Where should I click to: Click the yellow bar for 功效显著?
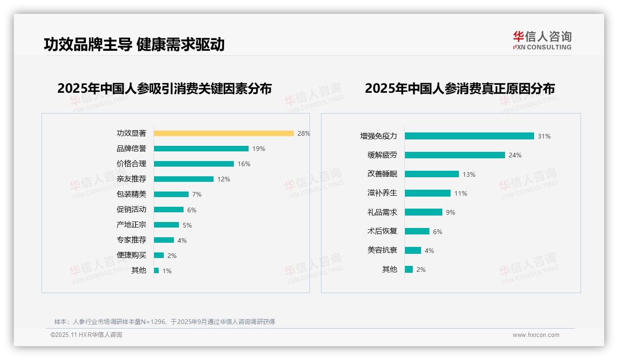224,133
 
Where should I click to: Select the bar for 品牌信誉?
201,149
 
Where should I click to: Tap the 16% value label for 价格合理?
244,164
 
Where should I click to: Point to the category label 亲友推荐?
131,179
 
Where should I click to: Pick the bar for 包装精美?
171,194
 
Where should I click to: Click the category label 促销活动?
131,210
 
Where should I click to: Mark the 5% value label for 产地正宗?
187,225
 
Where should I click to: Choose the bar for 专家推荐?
164,240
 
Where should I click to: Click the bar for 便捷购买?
159,255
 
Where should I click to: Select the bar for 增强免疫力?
469,136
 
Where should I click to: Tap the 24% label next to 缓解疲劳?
515,156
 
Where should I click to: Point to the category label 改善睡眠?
382,174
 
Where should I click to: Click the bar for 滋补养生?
428,193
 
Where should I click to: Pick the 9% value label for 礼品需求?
451,212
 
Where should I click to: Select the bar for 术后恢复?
417,231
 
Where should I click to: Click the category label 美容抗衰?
382,250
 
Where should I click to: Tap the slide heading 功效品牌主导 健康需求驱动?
134,45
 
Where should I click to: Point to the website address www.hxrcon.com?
536,335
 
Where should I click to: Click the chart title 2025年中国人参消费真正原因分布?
460,89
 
